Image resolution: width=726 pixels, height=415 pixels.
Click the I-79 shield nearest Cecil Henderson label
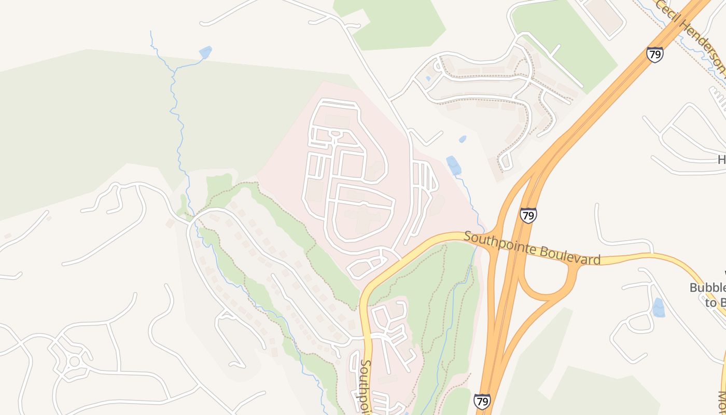pos(654,54)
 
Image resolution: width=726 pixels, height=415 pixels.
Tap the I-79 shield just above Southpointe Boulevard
pos(528,215)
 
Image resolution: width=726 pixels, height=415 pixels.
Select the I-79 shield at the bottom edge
pos(482,402)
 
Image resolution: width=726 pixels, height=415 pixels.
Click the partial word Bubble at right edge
pos(707,288)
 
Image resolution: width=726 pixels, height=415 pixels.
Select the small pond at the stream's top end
pos(205,52)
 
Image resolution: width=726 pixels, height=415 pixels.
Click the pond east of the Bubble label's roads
pos(658,308)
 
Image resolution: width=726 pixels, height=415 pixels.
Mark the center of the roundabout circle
pos(74,361)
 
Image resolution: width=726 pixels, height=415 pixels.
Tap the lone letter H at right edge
pos(721,160)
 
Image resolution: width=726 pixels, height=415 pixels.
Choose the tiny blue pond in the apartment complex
pos(427,79)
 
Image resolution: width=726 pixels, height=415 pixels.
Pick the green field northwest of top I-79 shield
pos(565,41)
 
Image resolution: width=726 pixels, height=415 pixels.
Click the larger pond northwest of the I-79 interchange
pos(453,165)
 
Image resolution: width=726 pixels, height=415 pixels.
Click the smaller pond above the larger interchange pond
pos(462,139)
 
